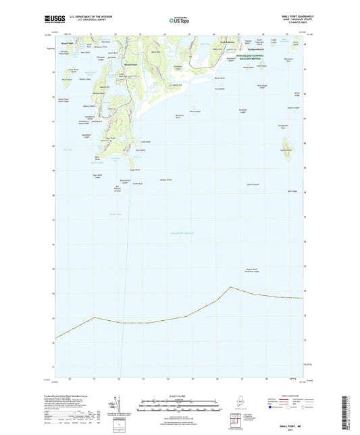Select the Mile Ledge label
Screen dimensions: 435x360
pyautogui.click(x=292, y=191)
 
